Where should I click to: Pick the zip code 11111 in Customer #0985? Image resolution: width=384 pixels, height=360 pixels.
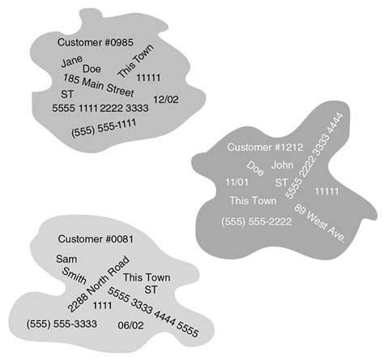click(x=149, y=78)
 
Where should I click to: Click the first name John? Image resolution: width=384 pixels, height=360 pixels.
click(x=281, y=165)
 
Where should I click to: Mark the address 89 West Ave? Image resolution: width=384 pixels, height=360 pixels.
click(x=320, y=223)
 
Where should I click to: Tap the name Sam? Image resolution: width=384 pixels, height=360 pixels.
click(x=66, y=259)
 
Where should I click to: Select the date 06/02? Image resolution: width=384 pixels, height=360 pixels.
click(x=130, y=324)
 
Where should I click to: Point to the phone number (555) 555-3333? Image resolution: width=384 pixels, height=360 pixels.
click(x=62, y=324)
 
